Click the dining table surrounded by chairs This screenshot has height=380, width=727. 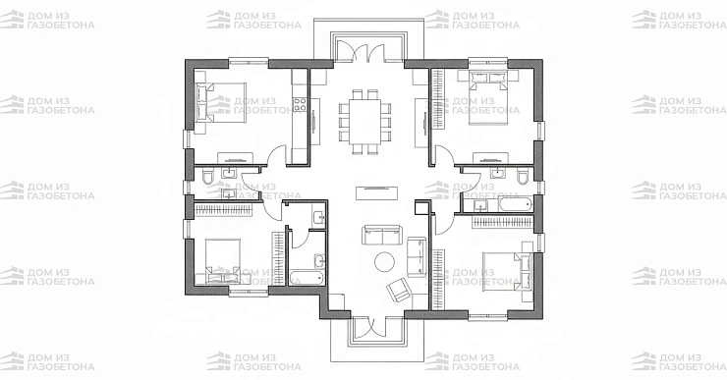364,122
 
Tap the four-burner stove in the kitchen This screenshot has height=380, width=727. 300,105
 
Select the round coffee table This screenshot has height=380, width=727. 384,262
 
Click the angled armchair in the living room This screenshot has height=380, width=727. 399,289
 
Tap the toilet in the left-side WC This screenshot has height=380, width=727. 207,177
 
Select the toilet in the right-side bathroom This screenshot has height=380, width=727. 523,176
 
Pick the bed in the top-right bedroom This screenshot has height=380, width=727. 488,97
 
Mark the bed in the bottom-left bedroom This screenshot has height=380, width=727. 223,260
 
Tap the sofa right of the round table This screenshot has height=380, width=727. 417,256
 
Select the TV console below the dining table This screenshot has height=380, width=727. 376,192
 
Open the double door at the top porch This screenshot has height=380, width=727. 361,50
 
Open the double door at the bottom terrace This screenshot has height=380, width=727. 369,327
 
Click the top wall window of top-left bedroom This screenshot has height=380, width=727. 249,60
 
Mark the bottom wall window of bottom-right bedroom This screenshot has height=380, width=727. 487,317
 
